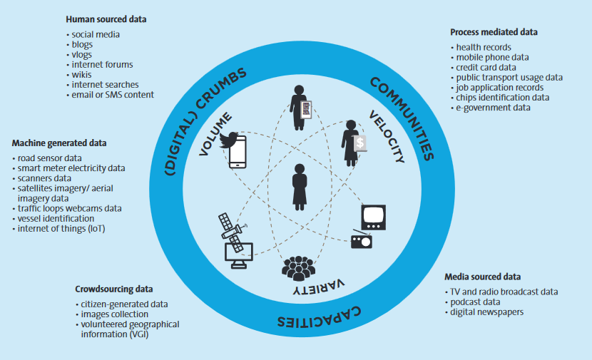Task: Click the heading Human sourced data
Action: [x=106, y=19]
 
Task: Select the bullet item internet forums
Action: [x=102, y=65]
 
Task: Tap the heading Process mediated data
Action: [x=494, y=32]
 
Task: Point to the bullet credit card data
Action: [x=486, y=68]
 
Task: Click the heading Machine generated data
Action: [x=59, y=143]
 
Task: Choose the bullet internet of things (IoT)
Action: [x=61, y=229]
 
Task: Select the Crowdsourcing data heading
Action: [x=114, y=289]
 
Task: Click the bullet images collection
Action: [x=114, y=314]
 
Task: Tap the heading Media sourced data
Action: [x=482, y=277]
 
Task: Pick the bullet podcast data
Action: [x=475, y=302]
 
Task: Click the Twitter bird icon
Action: [x=229, y=140]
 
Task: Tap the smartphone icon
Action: [x=238, y=152]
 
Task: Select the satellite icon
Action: [x=231, y=232]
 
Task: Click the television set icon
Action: [x=374, y=217]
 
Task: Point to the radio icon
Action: [x=362, y=240]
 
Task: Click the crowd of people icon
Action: [x=298, y=269]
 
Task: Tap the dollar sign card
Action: [x=360, y=143]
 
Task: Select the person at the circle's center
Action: [x=300, y=187]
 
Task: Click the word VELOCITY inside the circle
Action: [x=387, y=137]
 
